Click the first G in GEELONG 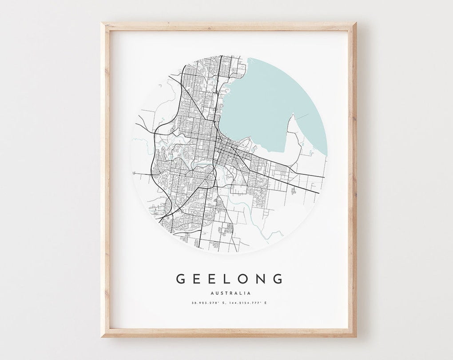pyautogui.click(x=181, y=279)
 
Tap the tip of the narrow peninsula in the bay pyautogui.click(x=293, y=115)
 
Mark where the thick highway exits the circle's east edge pyautogui.click(x=319, y=193)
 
